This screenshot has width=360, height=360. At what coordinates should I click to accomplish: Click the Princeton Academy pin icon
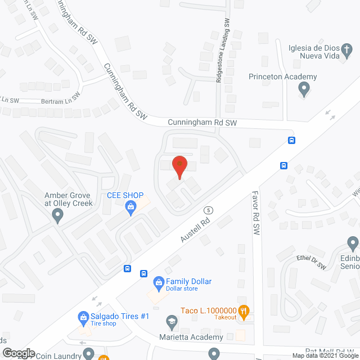(304, 88)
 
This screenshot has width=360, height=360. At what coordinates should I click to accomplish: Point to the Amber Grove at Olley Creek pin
(57, 215)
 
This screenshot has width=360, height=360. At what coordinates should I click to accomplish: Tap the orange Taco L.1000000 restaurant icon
(244, 310)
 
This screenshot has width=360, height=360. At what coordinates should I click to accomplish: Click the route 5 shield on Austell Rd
(209, 210)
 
